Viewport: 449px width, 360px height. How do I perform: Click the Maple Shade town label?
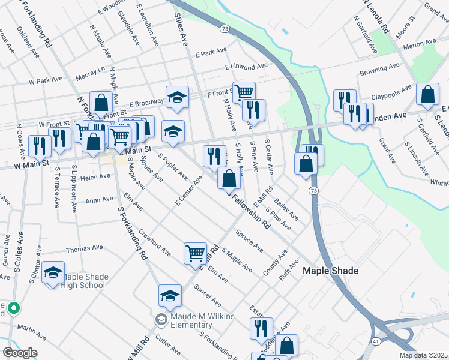tap(330, 271)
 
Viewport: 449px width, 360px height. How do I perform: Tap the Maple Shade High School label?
tap(85, 281)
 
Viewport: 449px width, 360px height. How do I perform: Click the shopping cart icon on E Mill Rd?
tap(196, 254)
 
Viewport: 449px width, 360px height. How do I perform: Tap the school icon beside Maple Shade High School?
tap(53, 272)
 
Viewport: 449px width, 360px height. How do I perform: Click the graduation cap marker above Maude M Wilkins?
tap(170, 295)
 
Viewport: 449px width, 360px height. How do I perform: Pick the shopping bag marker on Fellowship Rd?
tap(229, 178)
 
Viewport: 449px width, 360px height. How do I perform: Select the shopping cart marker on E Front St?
tap(244, 92)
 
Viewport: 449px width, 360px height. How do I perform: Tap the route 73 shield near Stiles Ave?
tap(224, 28)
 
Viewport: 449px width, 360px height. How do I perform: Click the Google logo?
tap(20, 352)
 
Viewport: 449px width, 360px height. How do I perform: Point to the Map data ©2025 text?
tap(423, 355)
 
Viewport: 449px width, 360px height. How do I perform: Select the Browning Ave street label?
tap(380, 73)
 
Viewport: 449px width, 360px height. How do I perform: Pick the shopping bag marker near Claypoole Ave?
tap(427, 95)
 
